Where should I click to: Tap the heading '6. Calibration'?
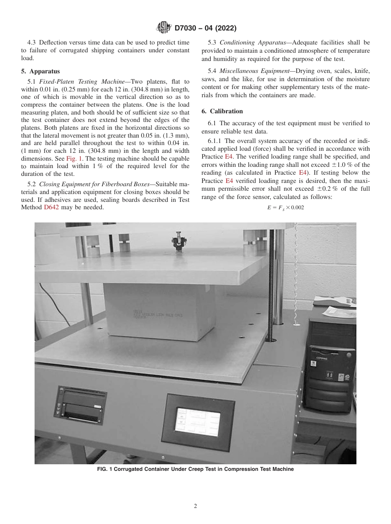222,111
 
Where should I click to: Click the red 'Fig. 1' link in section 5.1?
73,159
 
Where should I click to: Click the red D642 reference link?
51,207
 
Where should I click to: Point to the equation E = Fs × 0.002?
285,208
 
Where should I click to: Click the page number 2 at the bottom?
195,506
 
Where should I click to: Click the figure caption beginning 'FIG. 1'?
195,469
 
